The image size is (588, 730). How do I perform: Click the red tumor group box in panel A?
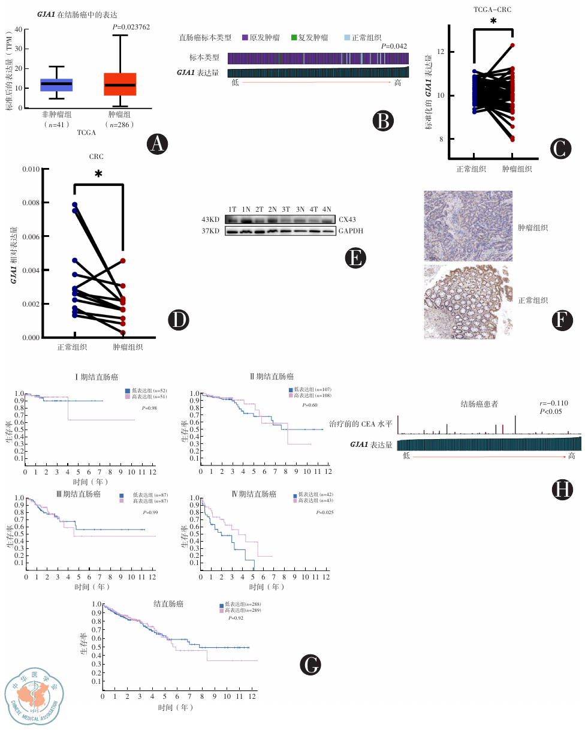click(x=120, y=84)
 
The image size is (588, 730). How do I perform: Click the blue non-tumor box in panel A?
click(x=56, y=85)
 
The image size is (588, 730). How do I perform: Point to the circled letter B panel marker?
click(x=383, y=121)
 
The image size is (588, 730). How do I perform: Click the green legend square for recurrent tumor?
click(x=294, y=37)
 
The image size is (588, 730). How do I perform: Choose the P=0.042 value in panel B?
click(x=394, y=46)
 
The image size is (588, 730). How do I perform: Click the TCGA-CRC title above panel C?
click(x=493, y=10)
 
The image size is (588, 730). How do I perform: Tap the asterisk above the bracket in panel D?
click(x=98, y=175)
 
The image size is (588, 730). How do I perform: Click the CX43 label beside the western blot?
click(x=347, y=220)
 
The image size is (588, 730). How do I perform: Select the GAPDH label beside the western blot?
click(x=351, y=230)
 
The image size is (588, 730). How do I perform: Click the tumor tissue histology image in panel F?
click(x=468, y=226)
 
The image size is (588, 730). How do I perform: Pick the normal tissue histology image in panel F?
click(x=468, y=298)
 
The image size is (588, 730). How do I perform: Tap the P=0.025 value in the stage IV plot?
click(x=324, y=512)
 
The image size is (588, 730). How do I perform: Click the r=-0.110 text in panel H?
click(x=554, y=403)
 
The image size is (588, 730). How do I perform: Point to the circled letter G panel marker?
click(x=309, y=664)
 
